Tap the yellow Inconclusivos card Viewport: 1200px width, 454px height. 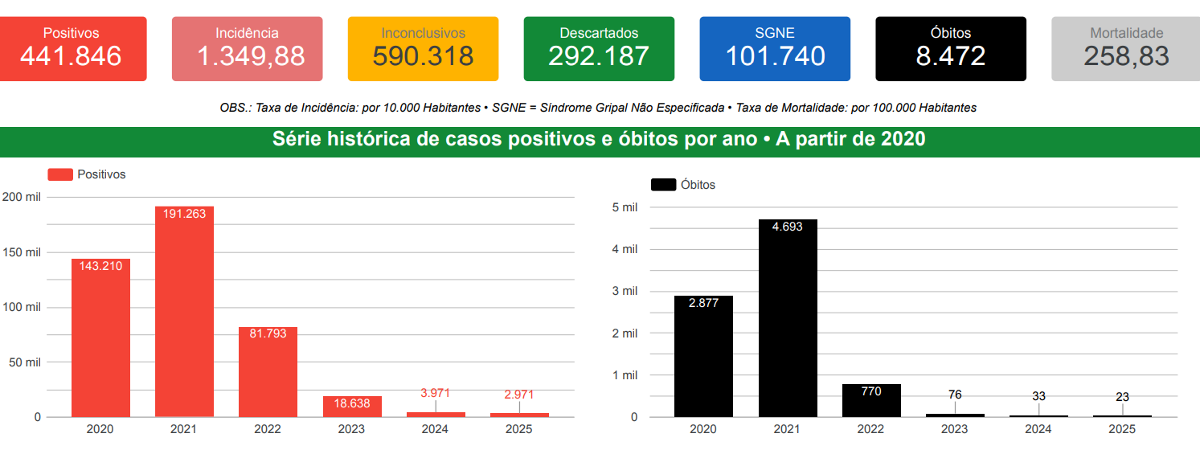(x=423, y=48)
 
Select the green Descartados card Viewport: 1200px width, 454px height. (x=599, y=48)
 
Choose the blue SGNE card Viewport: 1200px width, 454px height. (x=775, y=48)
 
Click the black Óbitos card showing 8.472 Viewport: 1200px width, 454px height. (x=951, y=48)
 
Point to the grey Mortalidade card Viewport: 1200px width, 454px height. (x=1126, y=48)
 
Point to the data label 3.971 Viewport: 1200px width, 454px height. (x=435, y=394)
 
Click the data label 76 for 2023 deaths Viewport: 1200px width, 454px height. (x=955, y=395)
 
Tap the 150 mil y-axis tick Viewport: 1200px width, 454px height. (x=22, y=252)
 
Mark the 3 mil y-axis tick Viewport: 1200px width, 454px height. (x=625, y=291)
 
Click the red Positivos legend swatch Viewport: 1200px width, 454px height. (x=60, y=174)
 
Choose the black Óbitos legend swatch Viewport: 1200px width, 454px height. (x=663, y=185)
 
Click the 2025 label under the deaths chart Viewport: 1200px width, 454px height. (x=1122, y=429)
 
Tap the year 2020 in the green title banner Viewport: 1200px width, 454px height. (x=903, y=139)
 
